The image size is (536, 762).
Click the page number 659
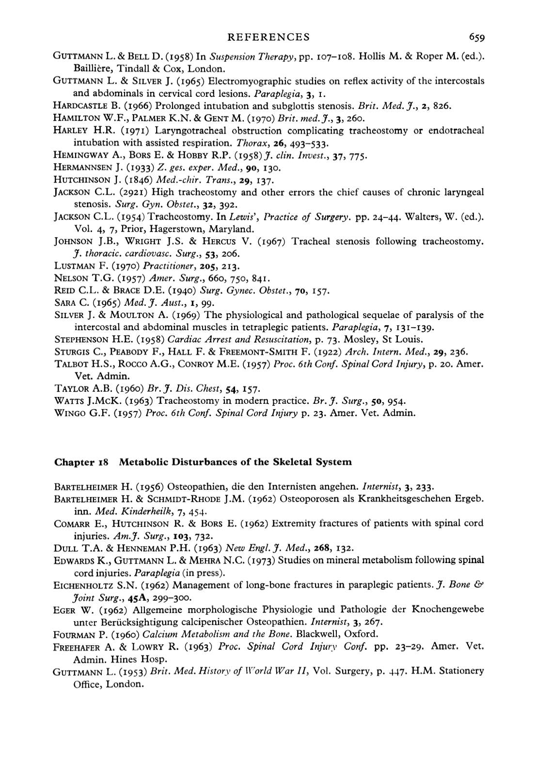[476, 37]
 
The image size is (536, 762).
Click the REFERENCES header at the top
[268, 37]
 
